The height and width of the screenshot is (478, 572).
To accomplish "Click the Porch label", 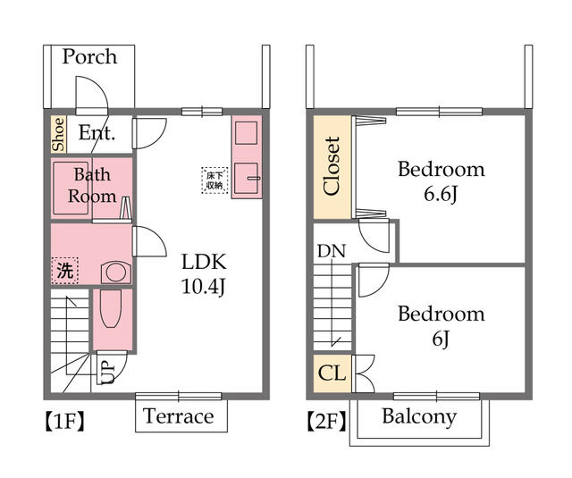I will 89,57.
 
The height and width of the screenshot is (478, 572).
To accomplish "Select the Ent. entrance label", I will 97,134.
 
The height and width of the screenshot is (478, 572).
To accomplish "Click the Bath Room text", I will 92,185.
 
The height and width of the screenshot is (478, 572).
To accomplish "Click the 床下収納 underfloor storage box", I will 215,180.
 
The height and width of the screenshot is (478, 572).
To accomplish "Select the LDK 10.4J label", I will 205,274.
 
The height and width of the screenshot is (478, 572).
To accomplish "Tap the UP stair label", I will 106,371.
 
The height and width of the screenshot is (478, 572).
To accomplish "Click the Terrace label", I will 179,416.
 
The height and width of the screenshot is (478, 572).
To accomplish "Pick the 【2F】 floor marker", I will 326,420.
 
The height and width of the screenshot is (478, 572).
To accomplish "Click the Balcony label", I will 419,416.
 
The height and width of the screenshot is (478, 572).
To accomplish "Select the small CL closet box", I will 332,373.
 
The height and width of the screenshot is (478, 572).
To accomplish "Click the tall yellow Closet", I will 332,167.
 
